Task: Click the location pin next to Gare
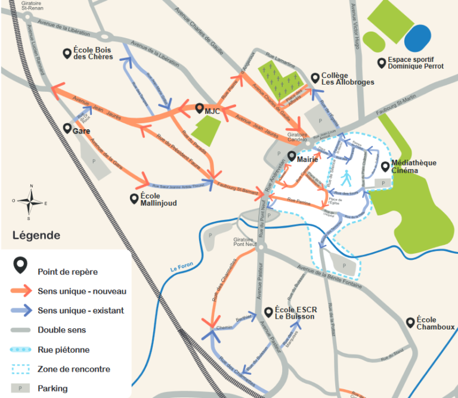(x=67, y=128)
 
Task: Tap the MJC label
(x=213, y=111)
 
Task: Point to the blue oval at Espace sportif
(x=419, y=38)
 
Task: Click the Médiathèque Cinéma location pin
(x=385, y=166)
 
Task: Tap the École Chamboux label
(x=435, y=323)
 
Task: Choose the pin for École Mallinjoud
(x=134, y=198)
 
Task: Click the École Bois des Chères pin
(x=67, y=53)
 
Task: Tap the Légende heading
(x=36, y=235)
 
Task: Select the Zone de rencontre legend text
(x=73, y=369)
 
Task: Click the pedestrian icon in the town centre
(x=346, y=176)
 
